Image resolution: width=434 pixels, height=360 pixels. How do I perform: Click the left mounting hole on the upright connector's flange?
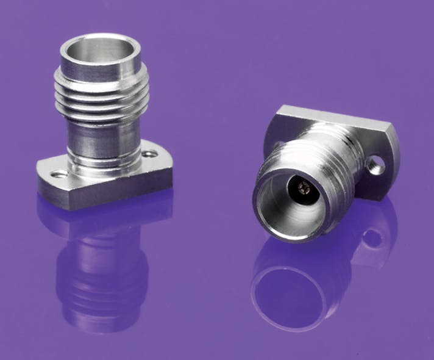[60, 175]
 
